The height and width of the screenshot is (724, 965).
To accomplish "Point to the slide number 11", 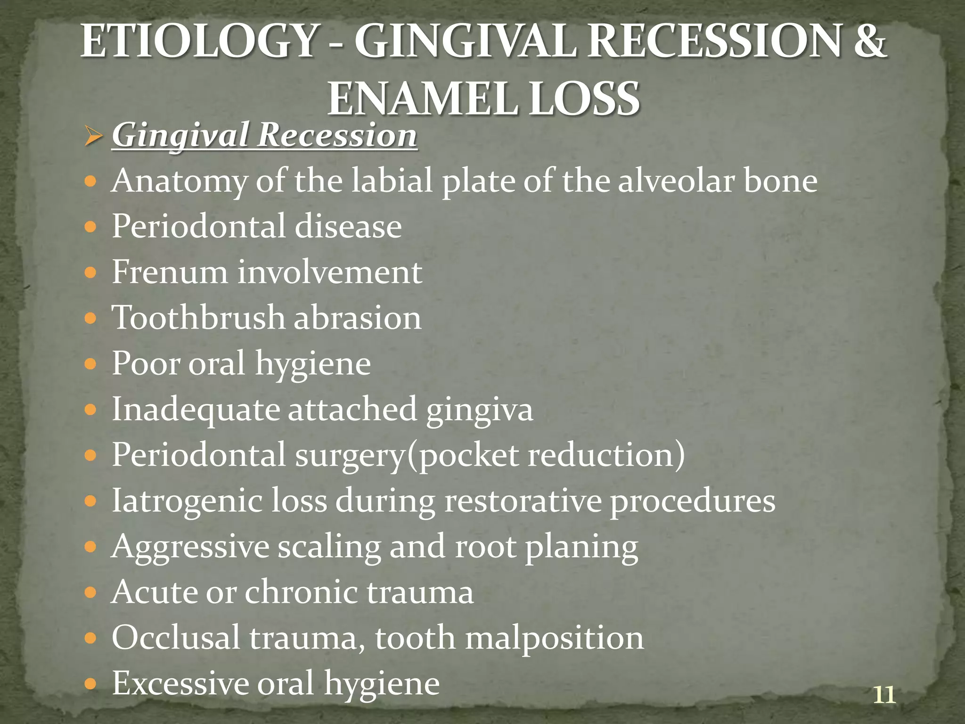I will [884, 695].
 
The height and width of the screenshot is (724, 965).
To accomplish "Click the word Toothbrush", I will [198, 317].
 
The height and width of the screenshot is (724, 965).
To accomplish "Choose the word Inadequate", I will [196, 409].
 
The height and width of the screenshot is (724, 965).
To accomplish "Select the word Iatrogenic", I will [187, 501].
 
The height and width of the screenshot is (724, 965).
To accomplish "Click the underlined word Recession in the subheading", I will [337, 136].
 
